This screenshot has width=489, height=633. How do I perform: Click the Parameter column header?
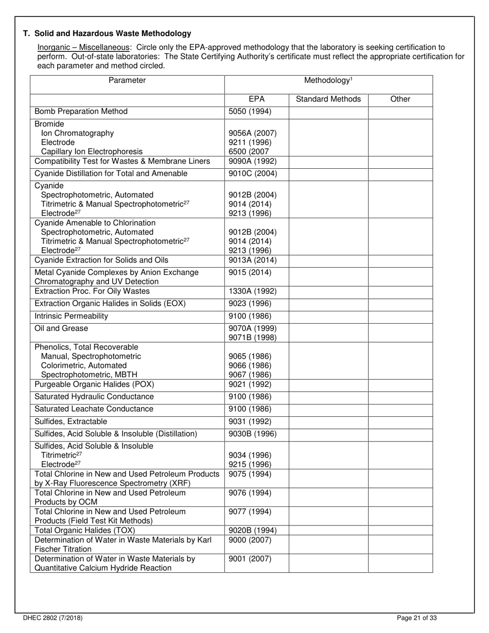click(127, 80)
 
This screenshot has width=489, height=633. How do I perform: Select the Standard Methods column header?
click(328, 99)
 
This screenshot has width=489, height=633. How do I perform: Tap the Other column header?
click(400, 99)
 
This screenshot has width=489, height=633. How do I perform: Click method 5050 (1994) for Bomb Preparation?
click(250, 112)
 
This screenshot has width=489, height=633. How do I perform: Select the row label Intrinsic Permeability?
click(71, 316)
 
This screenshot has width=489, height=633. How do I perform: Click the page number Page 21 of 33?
click(417, 618)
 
